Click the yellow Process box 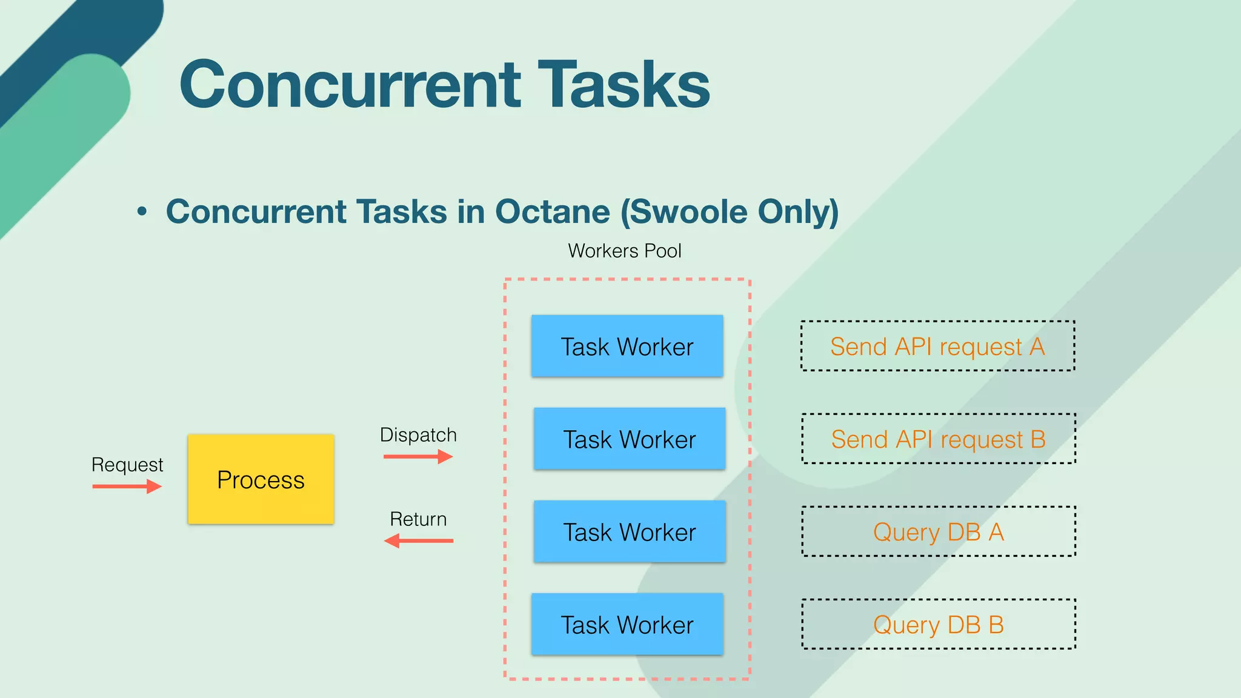click(261, 479)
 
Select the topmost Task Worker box click(627, 346)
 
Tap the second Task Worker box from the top click(629, 439)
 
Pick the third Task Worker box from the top click(629, 531)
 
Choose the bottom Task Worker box click(627, 624)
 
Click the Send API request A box click(937, 346)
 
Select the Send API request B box click(939, 439)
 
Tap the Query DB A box click(939, 531)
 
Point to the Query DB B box click(939, 624)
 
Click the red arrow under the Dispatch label click(418, 456)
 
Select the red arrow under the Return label click(418, 540)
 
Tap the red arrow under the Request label click(127, 486)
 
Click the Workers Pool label click(624, 251)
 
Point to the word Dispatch click(418, 435)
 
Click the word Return click(418, 519)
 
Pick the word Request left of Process click(127, 465)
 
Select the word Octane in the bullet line click(552, 211)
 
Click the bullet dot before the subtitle click(142, 211)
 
